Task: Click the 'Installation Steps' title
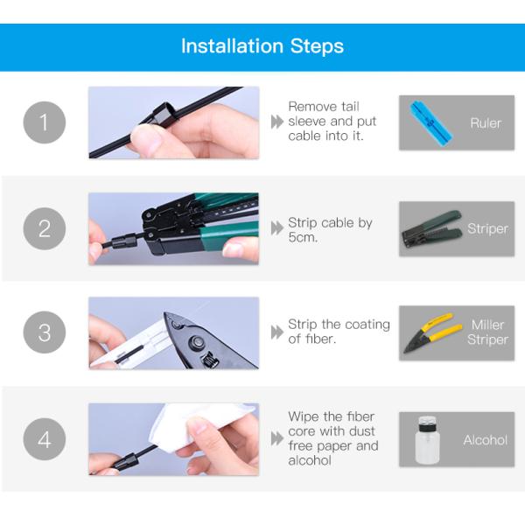click(x=262, y=46)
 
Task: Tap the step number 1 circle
click(x=45, y=122)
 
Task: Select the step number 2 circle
click(x=45, y=228)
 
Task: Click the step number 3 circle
click(x=45, y=333)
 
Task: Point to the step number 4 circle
click(x=45, y=439)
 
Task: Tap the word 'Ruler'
click(x=486, y=123)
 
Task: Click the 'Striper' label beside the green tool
click(x=487, y=228)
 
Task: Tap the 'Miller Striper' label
click(x=487, y=332)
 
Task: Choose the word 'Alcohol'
click(x=485, y=439)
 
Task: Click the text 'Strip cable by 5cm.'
click(x=330, y=230)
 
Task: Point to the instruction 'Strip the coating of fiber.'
click(x=339, y=332)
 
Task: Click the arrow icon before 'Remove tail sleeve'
click(x=277, y=122)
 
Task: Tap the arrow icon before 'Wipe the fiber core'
click(x=277, y=439)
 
